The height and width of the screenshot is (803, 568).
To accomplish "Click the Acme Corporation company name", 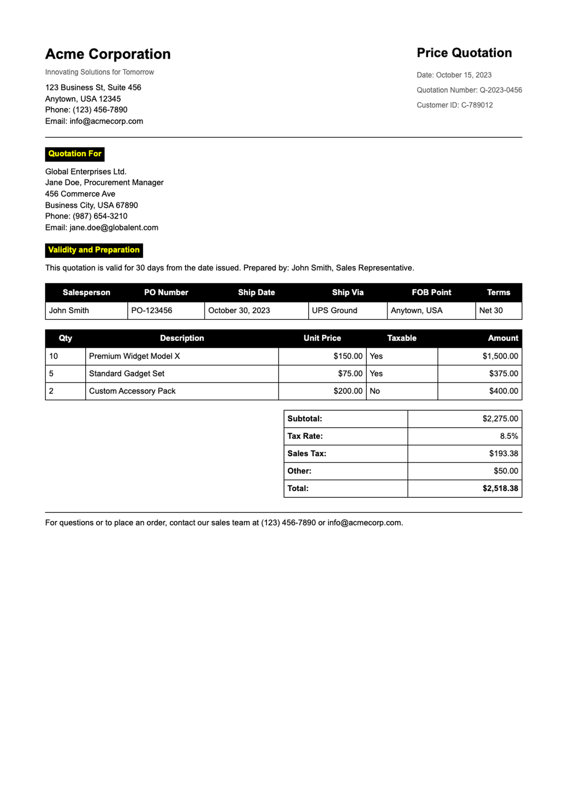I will [x=108, y=54].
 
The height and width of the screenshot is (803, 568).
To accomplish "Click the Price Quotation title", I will [x=464, y=53].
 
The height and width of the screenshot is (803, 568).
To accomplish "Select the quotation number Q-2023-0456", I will [x=501, y=90].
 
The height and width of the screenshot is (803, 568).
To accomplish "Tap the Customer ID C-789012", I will [x=477, y=105].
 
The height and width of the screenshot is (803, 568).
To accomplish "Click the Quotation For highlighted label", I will [x=75, y=154].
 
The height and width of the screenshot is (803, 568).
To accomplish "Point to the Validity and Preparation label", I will [x=94, y=250].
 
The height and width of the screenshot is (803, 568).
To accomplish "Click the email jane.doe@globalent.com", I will [x=114, y=228].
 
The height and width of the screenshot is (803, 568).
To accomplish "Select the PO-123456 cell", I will [x=152, y=310].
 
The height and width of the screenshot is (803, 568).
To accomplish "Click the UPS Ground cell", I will [x=335, y=310].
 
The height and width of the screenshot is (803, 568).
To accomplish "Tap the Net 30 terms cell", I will [x=491, y=310].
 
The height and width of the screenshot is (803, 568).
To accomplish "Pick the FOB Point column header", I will [x=431, y=292].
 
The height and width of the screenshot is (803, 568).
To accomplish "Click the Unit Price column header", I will [x=322, y=338].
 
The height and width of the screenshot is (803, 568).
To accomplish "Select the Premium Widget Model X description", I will [x=134, y=356].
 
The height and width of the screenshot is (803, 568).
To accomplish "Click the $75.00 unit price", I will [x=350, y=374].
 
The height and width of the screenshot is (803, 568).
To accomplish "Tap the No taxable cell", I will [x=375, y=391].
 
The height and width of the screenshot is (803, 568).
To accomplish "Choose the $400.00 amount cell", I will [x=504, y=391].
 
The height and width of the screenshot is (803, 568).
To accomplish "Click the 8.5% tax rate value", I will [x=509, y=436].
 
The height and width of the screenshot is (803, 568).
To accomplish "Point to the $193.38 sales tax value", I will [x=504, y=454].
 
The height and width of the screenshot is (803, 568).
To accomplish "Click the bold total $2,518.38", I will [x=500, y=488].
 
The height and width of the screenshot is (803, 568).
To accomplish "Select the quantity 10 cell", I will [x=54, y=356].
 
